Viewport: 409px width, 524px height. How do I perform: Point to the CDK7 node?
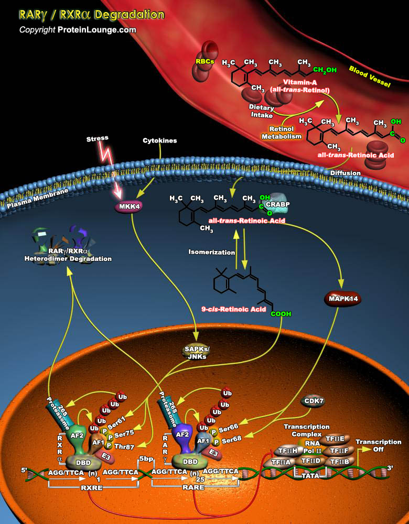(x=313, y=402)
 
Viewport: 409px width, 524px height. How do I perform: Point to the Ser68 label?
(x=232, y=440)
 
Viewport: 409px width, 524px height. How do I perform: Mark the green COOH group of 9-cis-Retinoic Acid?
(x=281, y=314)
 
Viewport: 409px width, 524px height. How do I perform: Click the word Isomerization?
(x=212, y=252)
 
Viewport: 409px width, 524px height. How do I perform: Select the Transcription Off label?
(x=378, y=445)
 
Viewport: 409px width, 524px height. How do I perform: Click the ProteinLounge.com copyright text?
(x=78, y=30)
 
